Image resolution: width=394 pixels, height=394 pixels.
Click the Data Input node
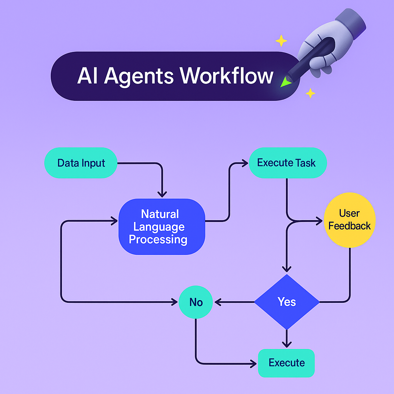[x=81, y=163]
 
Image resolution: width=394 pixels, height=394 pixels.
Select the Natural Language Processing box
[x=162, y=227]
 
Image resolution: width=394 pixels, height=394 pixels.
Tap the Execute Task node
[x=287, y=163]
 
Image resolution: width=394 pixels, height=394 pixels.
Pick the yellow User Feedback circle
[x=349, y=220]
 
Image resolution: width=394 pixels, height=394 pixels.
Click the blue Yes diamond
[x=287, y=302]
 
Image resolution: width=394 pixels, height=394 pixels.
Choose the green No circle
[x=196, y=302]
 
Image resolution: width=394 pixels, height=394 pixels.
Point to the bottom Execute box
[x=287, y=363]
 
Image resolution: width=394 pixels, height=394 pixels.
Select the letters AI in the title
[x=88, y=76]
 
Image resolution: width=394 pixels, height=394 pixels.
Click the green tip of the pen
[x=285, y=82]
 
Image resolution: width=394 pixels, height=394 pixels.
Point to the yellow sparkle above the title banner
[x=281, y=41]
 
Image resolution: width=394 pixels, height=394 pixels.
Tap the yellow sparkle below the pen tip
[x=310, y=93]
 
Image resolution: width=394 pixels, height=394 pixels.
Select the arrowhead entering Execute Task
[x=245, y=163]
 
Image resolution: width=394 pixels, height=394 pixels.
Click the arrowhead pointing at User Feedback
[x=319, y=221]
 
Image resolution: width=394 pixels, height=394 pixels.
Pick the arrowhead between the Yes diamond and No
[x=218, y=302]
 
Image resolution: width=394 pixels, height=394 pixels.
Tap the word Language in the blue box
[x=159, y=227]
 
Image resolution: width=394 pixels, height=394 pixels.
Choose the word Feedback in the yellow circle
[x=349, y=226]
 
